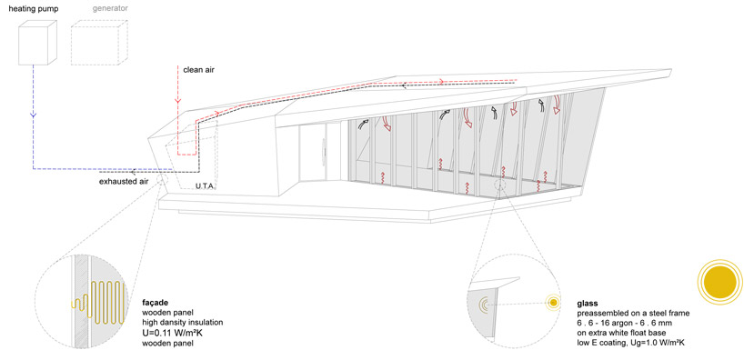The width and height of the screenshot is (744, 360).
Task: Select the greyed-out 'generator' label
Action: [x=109, y=8]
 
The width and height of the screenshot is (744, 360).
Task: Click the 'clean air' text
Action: [x=198, y=69]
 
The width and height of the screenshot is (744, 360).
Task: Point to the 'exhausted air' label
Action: [x=124, y=182]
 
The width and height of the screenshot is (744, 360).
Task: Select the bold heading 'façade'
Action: [x=156, y=301]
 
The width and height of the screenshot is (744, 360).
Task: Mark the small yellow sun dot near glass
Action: [x=551, y=303]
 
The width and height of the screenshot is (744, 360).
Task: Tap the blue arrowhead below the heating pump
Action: [x=32, y=115]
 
